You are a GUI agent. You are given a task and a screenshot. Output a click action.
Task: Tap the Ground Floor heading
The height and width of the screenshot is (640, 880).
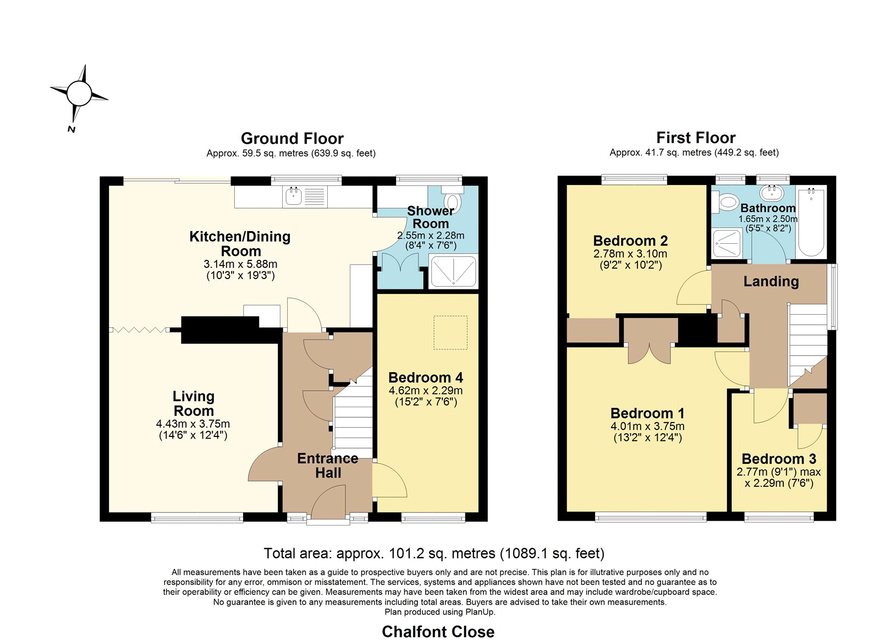tap(292, 138)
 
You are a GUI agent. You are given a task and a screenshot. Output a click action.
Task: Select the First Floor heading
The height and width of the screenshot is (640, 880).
tap(696, 138)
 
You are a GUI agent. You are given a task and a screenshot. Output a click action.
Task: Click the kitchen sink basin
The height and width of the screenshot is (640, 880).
tap(293, 196)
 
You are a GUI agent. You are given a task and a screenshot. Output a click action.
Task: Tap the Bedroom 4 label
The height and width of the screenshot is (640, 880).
tap(426, 378)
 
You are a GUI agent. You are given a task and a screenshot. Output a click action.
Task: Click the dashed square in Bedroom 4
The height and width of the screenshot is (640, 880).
tap(450, 332)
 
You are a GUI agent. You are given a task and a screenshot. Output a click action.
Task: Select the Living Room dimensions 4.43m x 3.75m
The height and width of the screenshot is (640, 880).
tap(193, 424)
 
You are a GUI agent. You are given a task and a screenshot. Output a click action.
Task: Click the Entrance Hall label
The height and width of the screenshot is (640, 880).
tap(328, 466)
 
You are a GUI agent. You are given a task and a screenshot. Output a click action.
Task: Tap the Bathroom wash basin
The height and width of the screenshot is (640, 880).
tap(772, 193)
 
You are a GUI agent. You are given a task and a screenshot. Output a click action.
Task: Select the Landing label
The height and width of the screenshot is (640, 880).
tap(771, 281)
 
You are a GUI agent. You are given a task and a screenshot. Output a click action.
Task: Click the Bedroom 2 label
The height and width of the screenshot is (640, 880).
tap(630, 240)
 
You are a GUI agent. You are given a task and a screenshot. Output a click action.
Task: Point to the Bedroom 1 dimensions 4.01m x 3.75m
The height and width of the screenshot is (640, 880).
tap(647, 426)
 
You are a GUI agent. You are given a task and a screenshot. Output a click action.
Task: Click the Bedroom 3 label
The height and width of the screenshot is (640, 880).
tap(779, 459)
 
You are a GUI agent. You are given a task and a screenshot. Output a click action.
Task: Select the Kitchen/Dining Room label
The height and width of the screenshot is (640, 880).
tap(240, 244)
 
